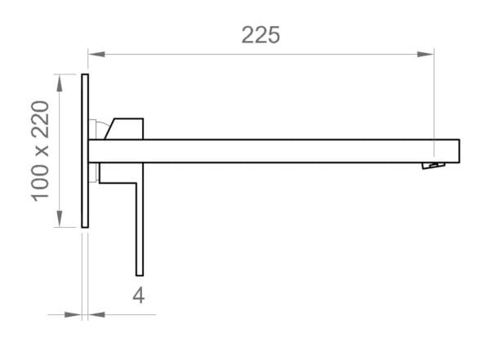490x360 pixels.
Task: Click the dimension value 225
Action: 261,34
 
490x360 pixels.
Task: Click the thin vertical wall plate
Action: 85,151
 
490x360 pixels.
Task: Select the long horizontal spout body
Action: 261,151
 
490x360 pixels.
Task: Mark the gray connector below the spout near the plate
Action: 95,172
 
